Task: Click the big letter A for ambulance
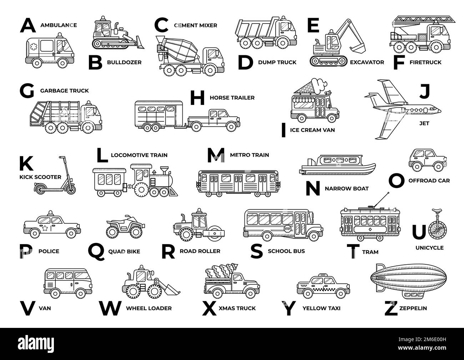(x=28, y=25)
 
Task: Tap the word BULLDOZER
(x=124, y=62)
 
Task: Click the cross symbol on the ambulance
(x=34, y=47)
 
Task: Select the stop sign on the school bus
(x=287, y=229)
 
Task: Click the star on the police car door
(x=45, y=228)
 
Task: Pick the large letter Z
(x=391, y=308)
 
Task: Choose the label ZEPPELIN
(x=413, y=308)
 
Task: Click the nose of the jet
(x=439, y=111)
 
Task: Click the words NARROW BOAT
(x=347, y=189)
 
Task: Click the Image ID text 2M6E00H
(x=436, y=339)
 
